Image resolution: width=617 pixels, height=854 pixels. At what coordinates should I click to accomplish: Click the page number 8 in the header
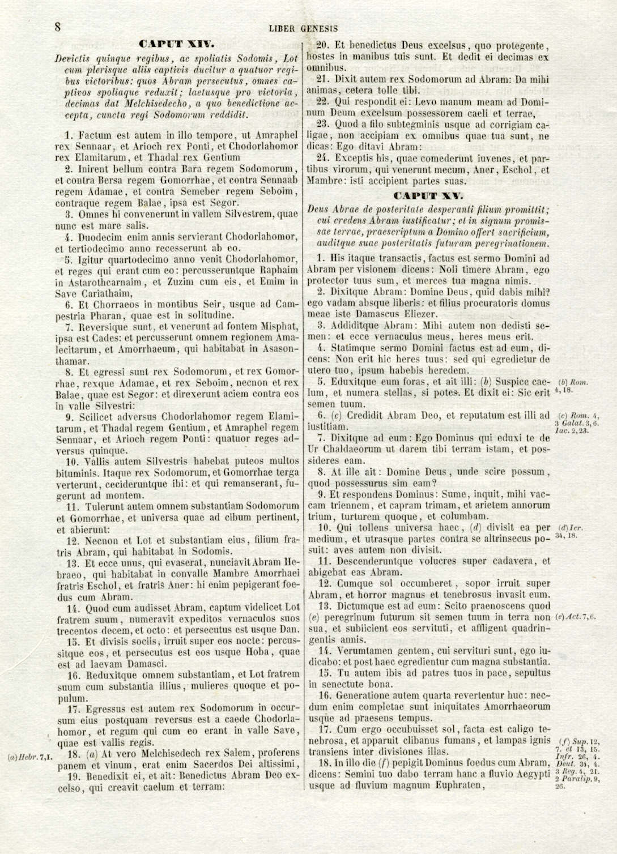pyautogui.click(x=58, y=27)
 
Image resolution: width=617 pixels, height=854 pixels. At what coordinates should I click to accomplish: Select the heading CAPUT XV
pyautogui.click(x=429, y=195)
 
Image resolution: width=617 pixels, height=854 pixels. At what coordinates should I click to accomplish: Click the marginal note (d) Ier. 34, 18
pyautogui.click(x=571, y=532)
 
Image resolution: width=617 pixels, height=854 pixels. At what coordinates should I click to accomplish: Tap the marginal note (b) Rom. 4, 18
pyautogui.click(x=573, y=386)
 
